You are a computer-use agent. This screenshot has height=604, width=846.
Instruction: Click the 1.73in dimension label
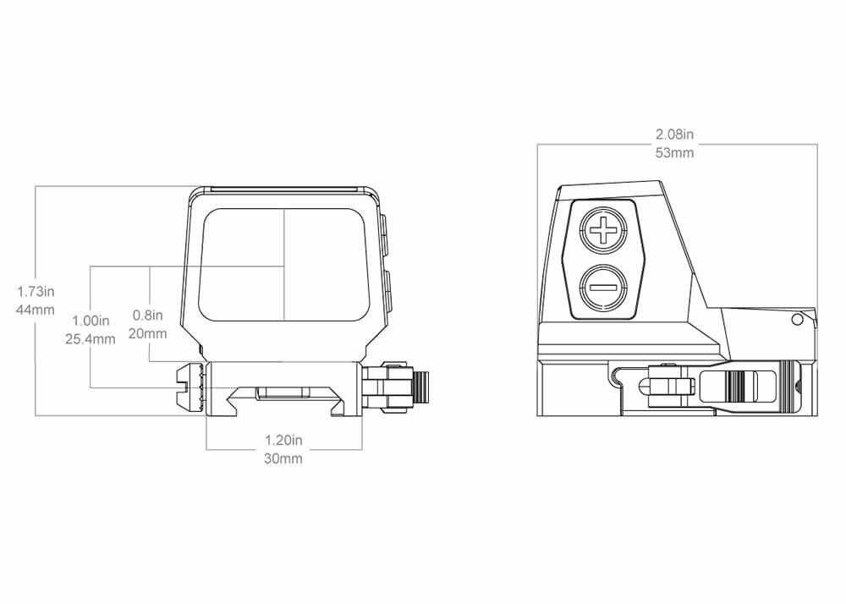(36, 293)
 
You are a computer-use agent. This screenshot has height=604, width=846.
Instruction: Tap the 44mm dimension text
(36, 310)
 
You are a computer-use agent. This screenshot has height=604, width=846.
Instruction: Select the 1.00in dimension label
(91, 321)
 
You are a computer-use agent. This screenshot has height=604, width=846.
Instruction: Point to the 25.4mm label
(91, 339)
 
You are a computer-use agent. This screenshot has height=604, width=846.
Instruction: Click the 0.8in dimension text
(148, 316)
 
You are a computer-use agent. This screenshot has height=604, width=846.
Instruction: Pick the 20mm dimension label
(148, 333)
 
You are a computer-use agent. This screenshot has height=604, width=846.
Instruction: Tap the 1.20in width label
(283, 441)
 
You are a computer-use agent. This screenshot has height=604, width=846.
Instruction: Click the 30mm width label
(283, 459)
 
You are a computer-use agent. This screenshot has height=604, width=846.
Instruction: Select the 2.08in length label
(674, 135)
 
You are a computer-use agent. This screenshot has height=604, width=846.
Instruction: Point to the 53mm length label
(674, 152)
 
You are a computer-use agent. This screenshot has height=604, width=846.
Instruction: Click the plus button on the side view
(603, 231)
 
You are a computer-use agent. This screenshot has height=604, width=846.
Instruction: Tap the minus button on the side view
(603, 288)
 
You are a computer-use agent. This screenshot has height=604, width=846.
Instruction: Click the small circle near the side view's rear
(797, 319)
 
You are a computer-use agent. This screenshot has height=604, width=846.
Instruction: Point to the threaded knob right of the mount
(422, 388)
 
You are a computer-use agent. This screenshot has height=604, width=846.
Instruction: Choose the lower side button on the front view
(387, 291)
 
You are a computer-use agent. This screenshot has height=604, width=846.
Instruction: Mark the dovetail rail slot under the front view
(285, 401)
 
